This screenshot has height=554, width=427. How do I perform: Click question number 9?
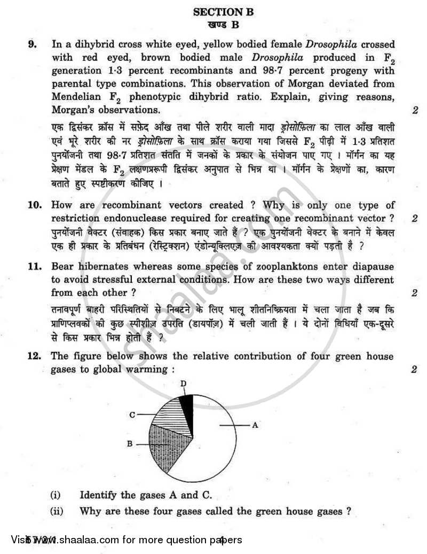coord(33,45)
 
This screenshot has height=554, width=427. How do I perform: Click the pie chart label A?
coord(255,425)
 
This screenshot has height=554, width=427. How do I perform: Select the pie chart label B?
coord(129,444)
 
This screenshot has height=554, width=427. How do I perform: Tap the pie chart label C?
coord(132,414)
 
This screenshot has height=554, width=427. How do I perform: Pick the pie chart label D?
coord(183,383)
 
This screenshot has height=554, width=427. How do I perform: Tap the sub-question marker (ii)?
coord(57,511)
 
